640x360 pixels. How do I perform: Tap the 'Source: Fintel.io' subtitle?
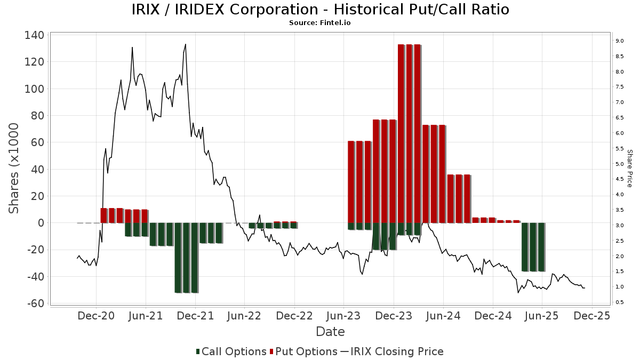tap(320, 23)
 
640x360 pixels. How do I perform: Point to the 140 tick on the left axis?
tap(34, 35)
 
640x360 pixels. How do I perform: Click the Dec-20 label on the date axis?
tap(96, 316)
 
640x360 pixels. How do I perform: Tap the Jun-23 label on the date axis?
tap(344, 316)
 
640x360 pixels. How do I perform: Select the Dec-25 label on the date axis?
tap(592, 316)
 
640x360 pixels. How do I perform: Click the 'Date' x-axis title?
tap(330, 332)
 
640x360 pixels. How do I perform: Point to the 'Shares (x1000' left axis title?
tap(14, 168)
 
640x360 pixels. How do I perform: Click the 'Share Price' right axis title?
tap(629, 168)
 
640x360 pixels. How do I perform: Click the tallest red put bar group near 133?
tap(410, 133)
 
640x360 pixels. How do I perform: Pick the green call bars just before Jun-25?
tap(533, 247)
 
